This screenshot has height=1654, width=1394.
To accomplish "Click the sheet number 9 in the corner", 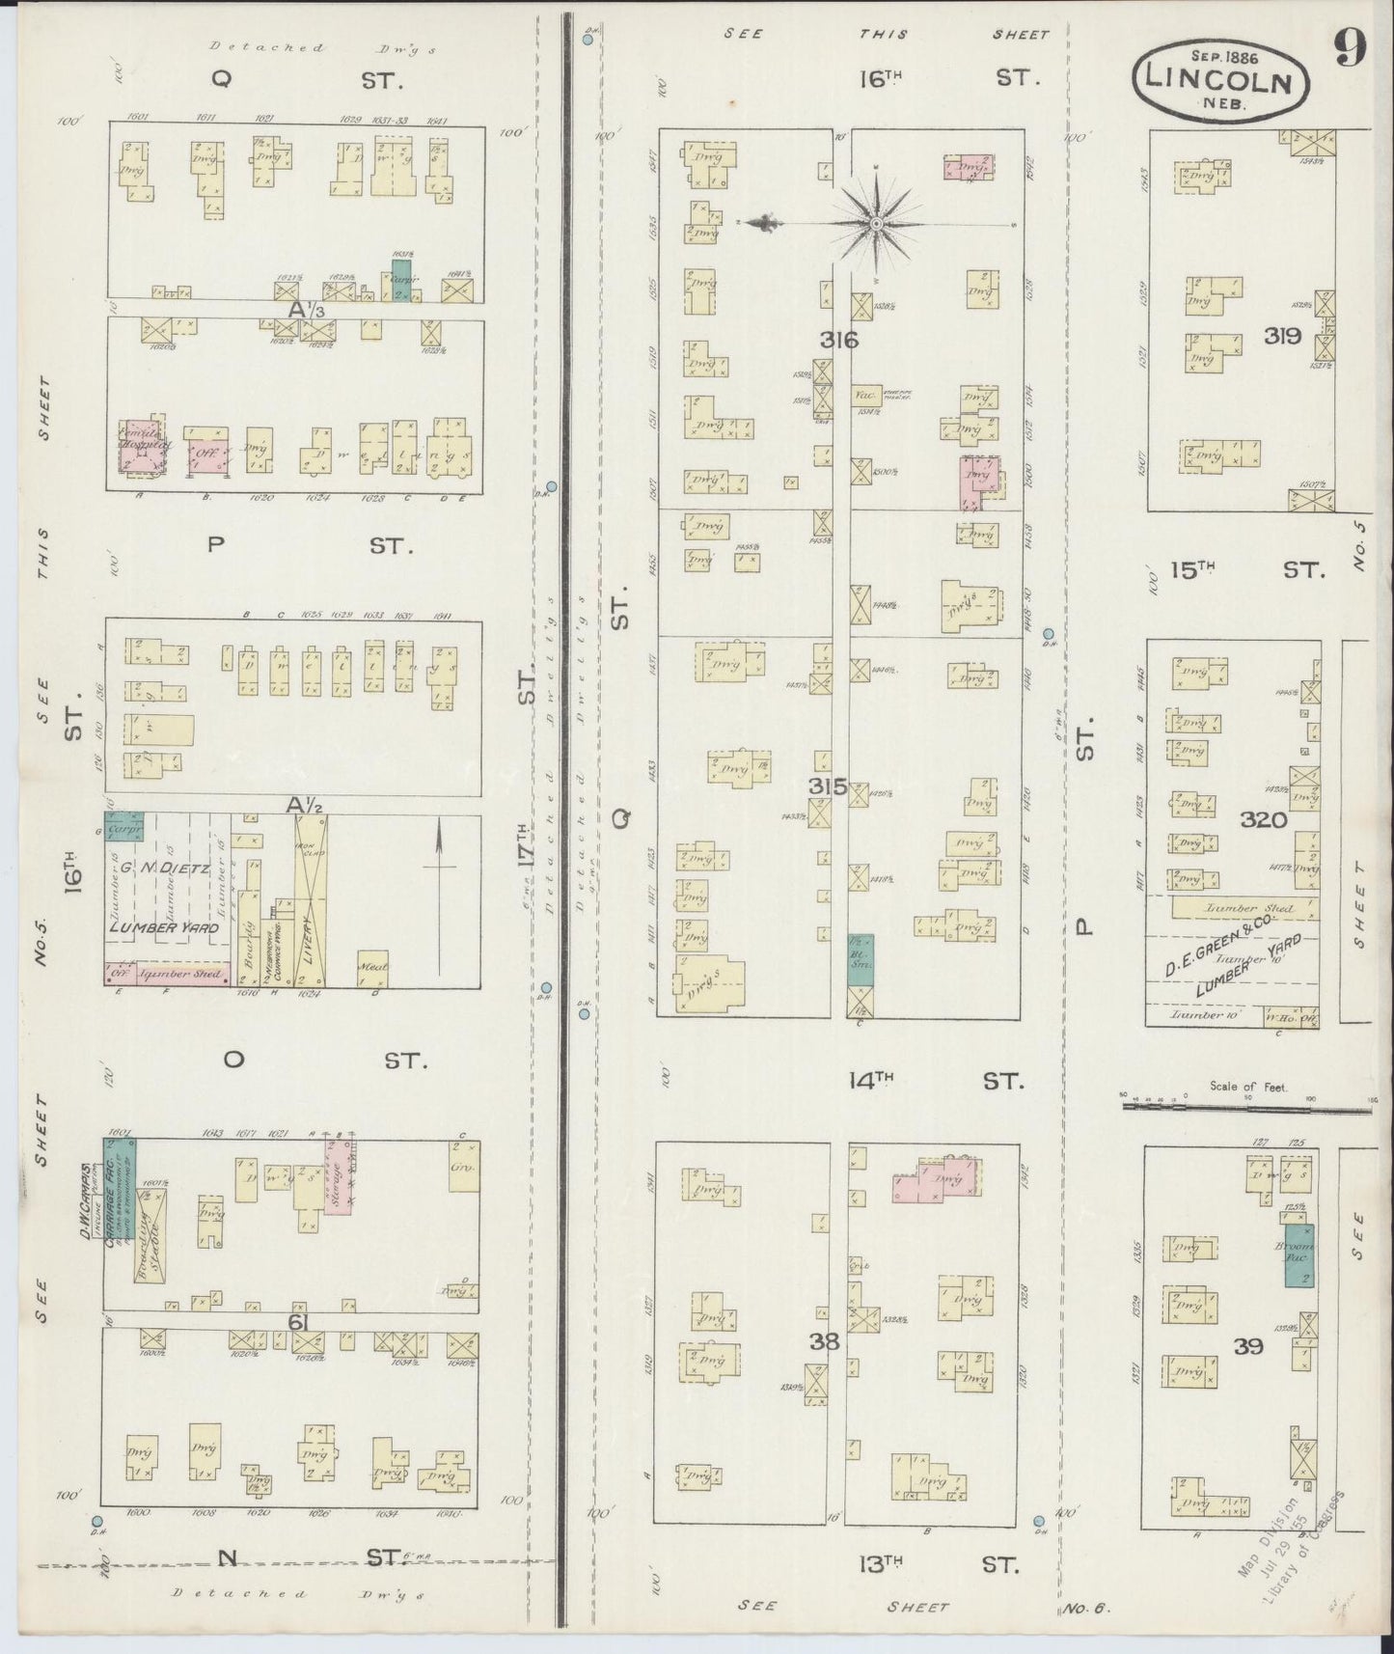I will pyautogui.click(x=1350, y=49).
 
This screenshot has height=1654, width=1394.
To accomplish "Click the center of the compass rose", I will pyautogui.click(x=876, y=224).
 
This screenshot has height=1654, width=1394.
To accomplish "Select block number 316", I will pyautogui.click(x=838, y=340).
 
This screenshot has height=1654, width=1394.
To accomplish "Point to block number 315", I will pyautogui.click(x=827, y=786).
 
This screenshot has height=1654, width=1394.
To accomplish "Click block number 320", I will pyautogui.click(x=1264, y=819).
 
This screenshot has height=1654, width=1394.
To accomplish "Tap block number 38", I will pyautogui.click(x=825, y=1340).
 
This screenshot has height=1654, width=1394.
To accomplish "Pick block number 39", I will pyautogui.click(x=1248, y=1345).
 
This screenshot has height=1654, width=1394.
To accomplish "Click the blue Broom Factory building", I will pyautogui.click(x=1298, y=1254).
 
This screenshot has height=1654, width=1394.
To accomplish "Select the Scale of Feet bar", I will pyautogui.click(x=1247, y=1110).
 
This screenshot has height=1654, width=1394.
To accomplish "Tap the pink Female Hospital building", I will pyautogui.click(x=143, y=450).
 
